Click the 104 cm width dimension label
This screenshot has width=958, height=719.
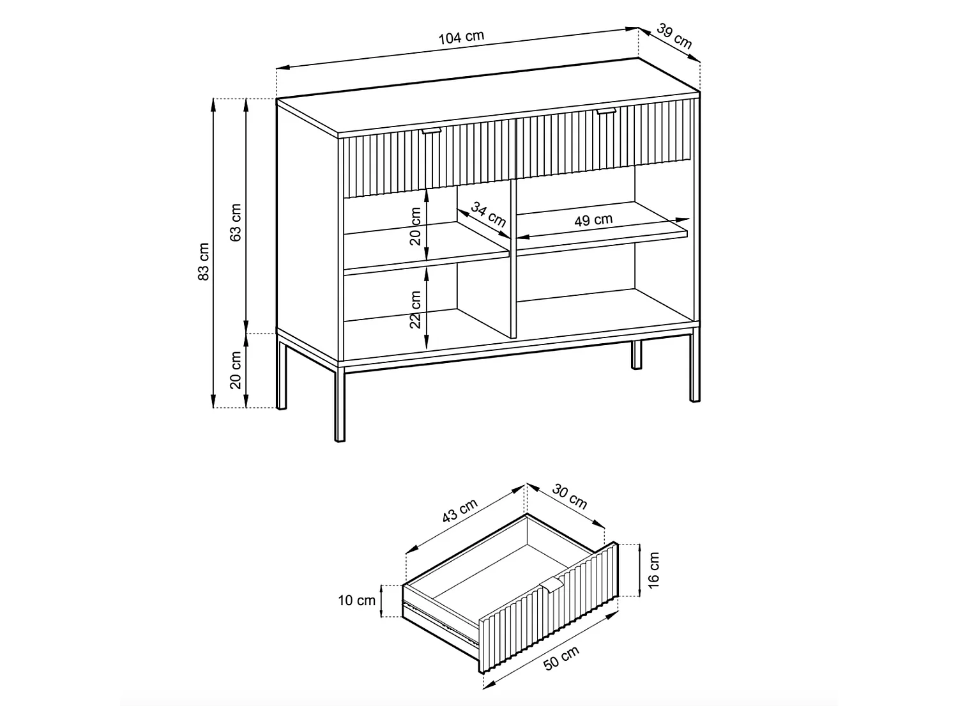click(461, 37)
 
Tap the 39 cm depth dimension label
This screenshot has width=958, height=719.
click(674, 36)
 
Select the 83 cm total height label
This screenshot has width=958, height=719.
click(203, 261)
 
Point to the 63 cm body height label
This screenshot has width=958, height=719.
click(235, 222)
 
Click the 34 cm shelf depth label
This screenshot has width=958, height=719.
click(489, 214)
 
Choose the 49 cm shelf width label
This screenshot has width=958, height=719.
click(593, 220)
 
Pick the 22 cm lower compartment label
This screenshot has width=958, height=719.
click(415, 309)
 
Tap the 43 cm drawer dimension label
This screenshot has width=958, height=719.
click(460, 510)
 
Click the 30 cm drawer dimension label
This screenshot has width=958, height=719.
click(570, 497)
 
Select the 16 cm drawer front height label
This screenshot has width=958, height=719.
click(653, 570)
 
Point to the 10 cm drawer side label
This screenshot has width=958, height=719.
click(356, 601)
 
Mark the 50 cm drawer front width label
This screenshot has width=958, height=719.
click(561, 658)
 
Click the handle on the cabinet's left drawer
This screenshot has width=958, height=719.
click(432, 130)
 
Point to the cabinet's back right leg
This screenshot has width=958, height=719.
click(636, 355)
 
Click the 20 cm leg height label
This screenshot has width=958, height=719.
click(235, 370)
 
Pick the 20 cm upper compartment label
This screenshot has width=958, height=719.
click(415, 226)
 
